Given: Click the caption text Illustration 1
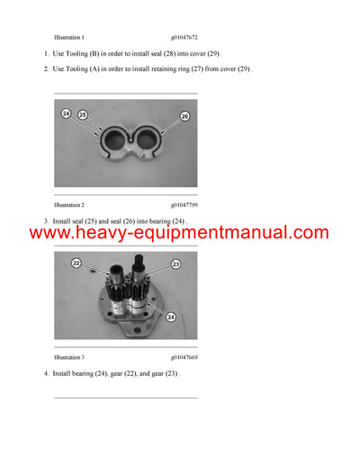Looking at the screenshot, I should [68, 38].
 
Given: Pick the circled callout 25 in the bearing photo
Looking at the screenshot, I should [83, 115].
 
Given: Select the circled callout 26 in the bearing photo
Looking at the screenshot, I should [184, 116].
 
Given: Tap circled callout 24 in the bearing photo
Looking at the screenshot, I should [66, 113].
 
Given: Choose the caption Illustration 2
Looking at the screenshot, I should [68, 205].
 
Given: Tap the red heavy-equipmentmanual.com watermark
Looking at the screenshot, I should [179, 233].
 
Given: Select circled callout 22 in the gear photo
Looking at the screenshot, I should [76, 263].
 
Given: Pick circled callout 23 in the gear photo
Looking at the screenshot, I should [175, 263].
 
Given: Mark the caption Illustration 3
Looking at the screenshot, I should [68, 357].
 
